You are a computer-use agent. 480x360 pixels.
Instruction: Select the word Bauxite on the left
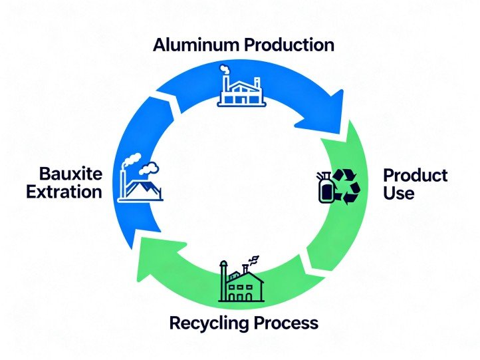point(70,175)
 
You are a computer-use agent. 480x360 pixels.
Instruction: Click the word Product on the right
point(416,176)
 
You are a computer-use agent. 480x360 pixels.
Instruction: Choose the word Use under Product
point(399,194)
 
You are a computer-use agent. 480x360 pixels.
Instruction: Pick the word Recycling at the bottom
point(209,324)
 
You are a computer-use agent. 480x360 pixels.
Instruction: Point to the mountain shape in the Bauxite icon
point(147,190)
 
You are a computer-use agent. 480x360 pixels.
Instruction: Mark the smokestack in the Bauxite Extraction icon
point(123,183)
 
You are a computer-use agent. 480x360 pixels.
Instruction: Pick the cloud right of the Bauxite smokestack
point(150,169)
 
